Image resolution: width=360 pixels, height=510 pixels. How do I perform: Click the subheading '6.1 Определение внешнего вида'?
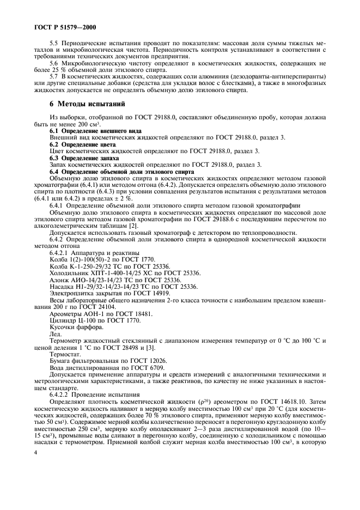[88, 131]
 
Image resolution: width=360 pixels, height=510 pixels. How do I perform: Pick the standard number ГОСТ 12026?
[144, 360]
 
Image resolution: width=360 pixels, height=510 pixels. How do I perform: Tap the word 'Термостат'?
[65, 354]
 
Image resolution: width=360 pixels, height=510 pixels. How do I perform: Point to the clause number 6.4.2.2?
[60, 393]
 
